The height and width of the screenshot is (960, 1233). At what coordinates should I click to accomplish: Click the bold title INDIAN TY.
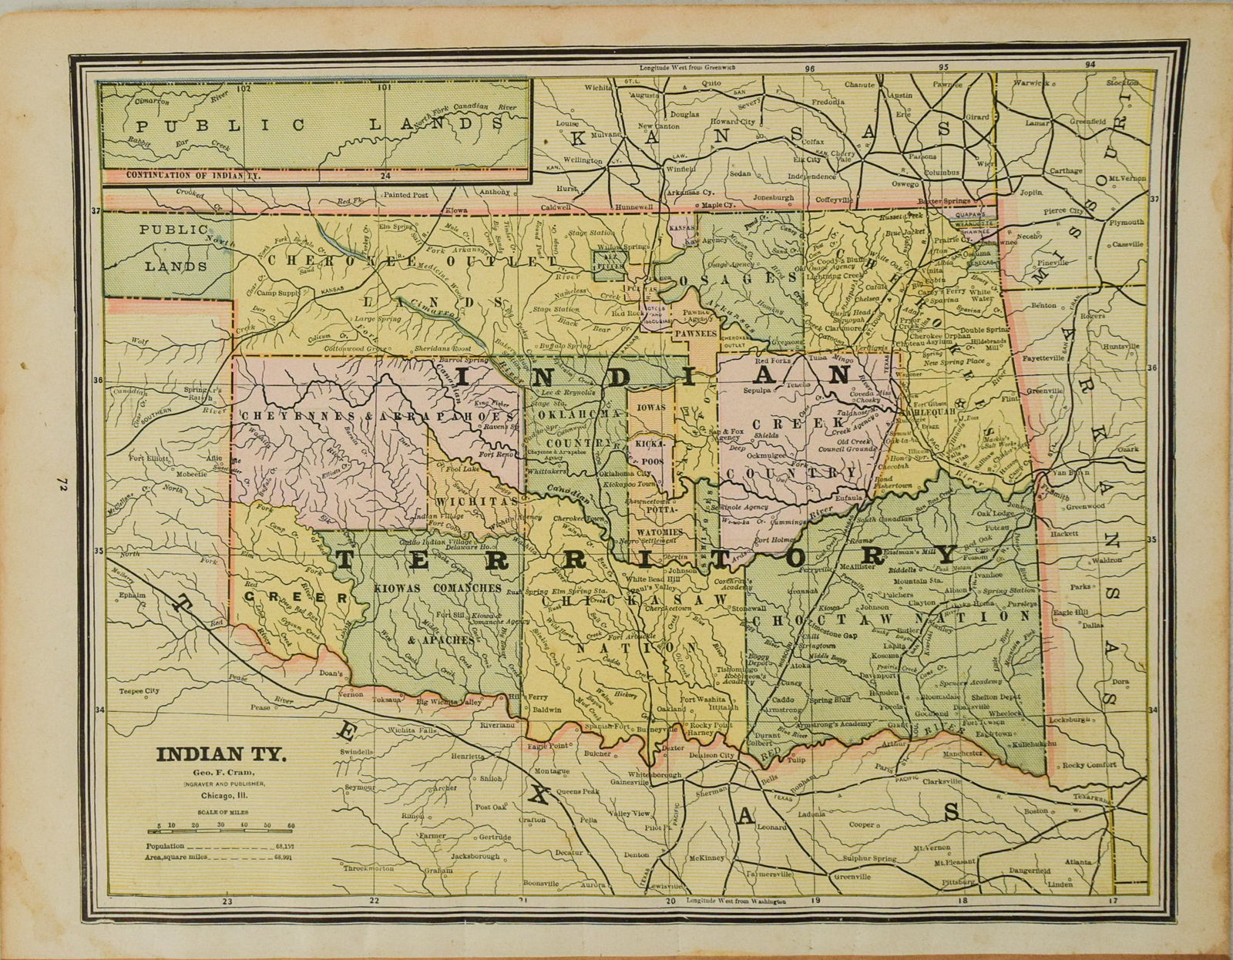pyautogui.click(x=220, y=754)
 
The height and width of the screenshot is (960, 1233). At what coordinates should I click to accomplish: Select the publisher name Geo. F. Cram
pyautogui.click(x=221, y=772)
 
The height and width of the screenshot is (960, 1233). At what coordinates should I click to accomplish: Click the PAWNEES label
pyautogui.click(x=695, y=334)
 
